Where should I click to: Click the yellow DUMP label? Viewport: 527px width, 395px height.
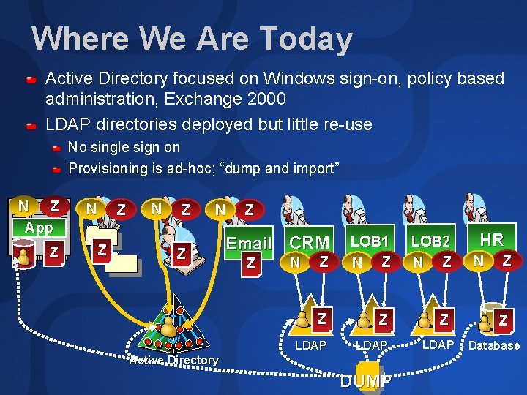pos(367,381)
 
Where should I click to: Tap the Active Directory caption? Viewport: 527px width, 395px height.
pos(173,359)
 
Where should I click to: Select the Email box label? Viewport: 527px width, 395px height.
pos(250,244)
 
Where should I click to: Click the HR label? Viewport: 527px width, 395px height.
pos(491,239)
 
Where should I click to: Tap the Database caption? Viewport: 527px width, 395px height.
pos(494,345)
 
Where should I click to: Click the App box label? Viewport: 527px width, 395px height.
pos(39,227)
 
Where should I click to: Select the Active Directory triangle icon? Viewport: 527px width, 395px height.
pos(173,330)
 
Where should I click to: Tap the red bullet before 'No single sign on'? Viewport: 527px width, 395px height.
pos(56,148)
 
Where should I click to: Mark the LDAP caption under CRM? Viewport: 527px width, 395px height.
pos(310,345)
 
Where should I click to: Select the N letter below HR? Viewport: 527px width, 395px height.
pos(478,259)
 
